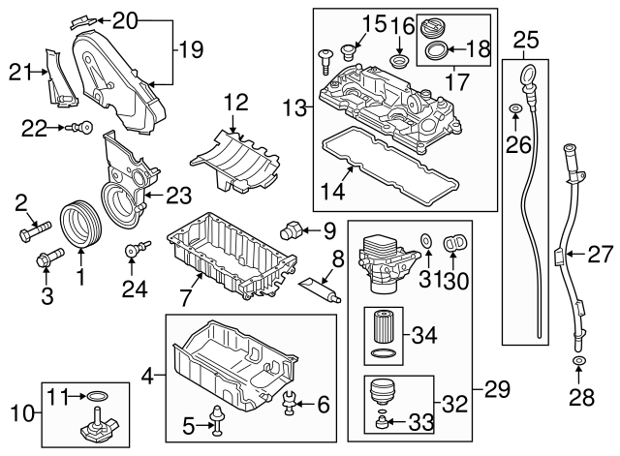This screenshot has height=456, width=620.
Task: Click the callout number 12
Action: tap(237, 103)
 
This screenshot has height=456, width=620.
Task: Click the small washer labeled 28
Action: tap(578, 363)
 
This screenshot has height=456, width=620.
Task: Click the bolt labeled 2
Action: tap(35, 231)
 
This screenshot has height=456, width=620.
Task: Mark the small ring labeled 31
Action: tap(426, 240)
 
